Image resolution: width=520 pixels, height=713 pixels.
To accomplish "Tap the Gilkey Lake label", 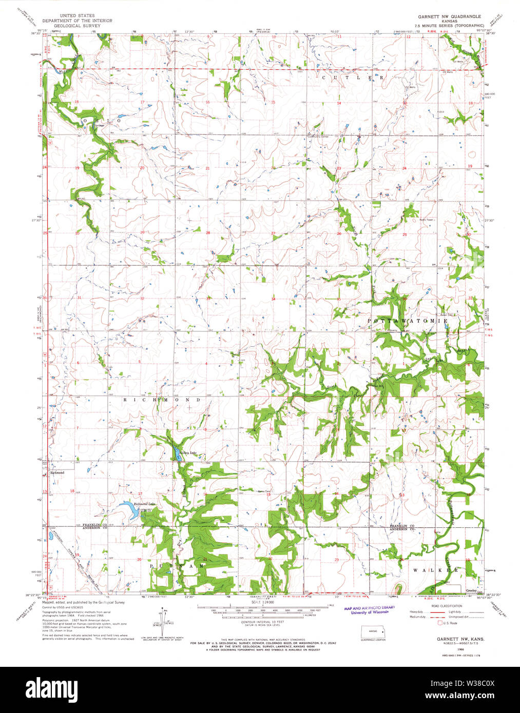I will pyautogui.click(x=189, y=453).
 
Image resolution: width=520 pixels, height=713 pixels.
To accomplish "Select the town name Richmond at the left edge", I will pyautogui.click(x=57, y=472).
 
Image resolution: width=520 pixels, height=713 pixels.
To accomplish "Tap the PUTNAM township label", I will pyautogui.click(x=177, y=566).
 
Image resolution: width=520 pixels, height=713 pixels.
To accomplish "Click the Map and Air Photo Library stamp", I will pyautogui.click(x=369, y=609).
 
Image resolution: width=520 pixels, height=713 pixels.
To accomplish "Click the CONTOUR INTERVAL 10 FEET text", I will pyautogui.click(x=262, y=622).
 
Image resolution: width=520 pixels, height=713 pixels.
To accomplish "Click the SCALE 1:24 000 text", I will pyautogui.click(x=262, y=604).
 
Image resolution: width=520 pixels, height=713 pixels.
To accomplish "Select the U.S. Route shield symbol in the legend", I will pyautogui.click(x=439, y=623).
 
